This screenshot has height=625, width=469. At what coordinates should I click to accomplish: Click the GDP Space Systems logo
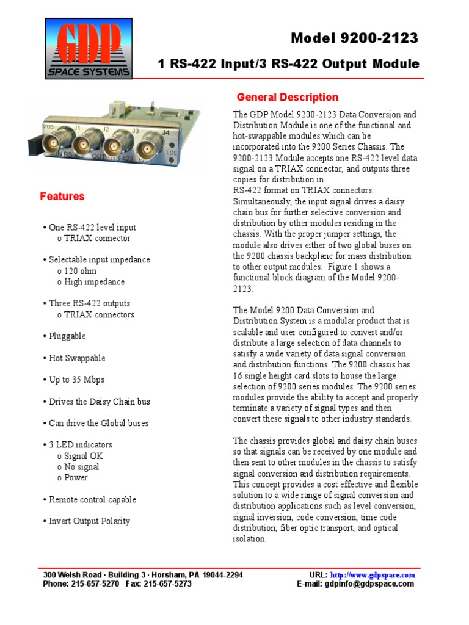(88, 49)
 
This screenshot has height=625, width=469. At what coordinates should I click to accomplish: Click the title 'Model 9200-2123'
(354, 38)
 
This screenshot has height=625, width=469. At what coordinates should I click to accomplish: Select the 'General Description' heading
(287, 97)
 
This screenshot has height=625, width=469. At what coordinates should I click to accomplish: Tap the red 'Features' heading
(62, 197)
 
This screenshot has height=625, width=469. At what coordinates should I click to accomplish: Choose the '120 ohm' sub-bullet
(77, 271)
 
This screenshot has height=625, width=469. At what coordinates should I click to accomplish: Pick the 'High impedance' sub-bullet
(91, 282)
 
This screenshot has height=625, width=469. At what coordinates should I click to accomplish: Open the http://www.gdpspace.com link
(373, 575)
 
